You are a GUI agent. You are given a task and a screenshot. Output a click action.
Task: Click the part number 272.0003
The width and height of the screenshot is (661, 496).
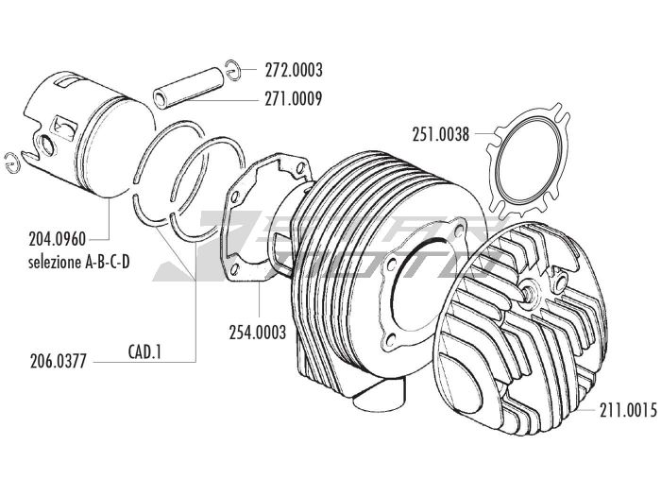coord(294,70)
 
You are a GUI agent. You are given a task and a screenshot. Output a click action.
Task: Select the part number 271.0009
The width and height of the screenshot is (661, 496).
coord(294,98)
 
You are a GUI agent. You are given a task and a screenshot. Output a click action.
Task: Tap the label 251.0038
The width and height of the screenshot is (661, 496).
coord(441,134)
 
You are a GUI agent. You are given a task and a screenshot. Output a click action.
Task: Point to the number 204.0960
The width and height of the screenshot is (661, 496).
coord(58,239)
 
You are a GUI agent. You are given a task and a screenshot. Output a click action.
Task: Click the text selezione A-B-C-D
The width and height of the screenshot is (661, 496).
coord(78,263)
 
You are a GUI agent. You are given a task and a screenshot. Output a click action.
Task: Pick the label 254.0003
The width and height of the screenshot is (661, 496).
coord(258,333)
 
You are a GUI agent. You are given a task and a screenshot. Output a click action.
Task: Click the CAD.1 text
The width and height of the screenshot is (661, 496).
coord(145,352)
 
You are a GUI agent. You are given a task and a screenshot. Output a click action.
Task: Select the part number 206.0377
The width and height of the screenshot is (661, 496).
coord(59,362)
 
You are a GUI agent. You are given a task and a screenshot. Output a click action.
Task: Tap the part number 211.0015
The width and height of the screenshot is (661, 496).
coord(628,409)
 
